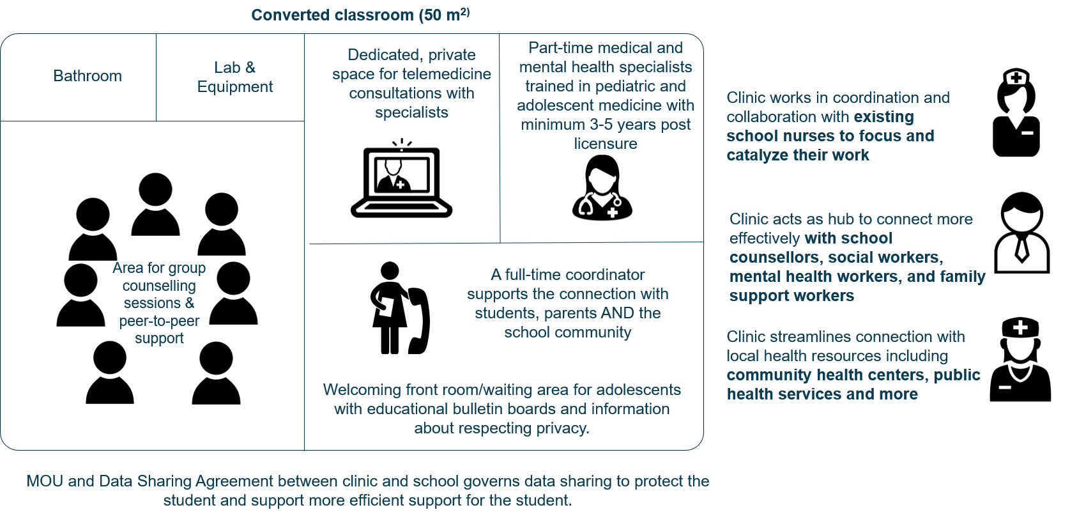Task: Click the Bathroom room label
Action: (88, 75)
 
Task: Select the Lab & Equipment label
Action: (234, 77)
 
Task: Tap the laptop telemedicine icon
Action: (401, 178)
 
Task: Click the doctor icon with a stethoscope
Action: (602, 187)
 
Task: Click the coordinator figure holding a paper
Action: (388, 307)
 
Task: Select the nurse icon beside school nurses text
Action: (1016, 112)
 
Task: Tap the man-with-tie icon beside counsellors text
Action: (1021, 233)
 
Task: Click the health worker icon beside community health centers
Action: (1020, 359)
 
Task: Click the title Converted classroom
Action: (361, 15)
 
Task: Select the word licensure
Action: (605, 143)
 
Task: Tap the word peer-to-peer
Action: (159, 321)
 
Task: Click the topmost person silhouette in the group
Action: (155, 204)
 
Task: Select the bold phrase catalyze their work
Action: (798, 155)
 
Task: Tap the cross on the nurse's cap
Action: (1016, 77)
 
